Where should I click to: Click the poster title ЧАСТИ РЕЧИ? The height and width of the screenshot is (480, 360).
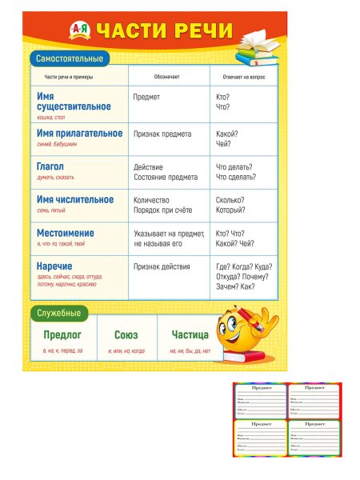pos(164,31)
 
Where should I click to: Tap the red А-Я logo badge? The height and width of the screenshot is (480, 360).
pos(80,30)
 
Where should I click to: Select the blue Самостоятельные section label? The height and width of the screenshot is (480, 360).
pos(68,58)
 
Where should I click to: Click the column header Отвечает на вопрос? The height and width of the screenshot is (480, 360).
pos(243,77)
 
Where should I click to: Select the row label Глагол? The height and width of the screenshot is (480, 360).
pos(50,166)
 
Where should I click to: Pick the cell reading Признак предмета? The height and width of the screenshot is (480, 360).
pos(165,134)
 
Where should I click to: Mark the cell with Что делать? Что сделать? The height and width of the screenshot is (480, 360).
pos(235,172)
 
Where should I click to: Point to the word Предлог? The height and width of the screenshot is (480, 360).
pos(62,334)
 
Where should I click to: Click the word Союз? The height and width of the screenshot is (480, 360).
pos(126,334)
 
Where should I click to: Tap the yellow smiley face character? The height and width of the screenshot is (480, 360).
pos(244,329)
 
